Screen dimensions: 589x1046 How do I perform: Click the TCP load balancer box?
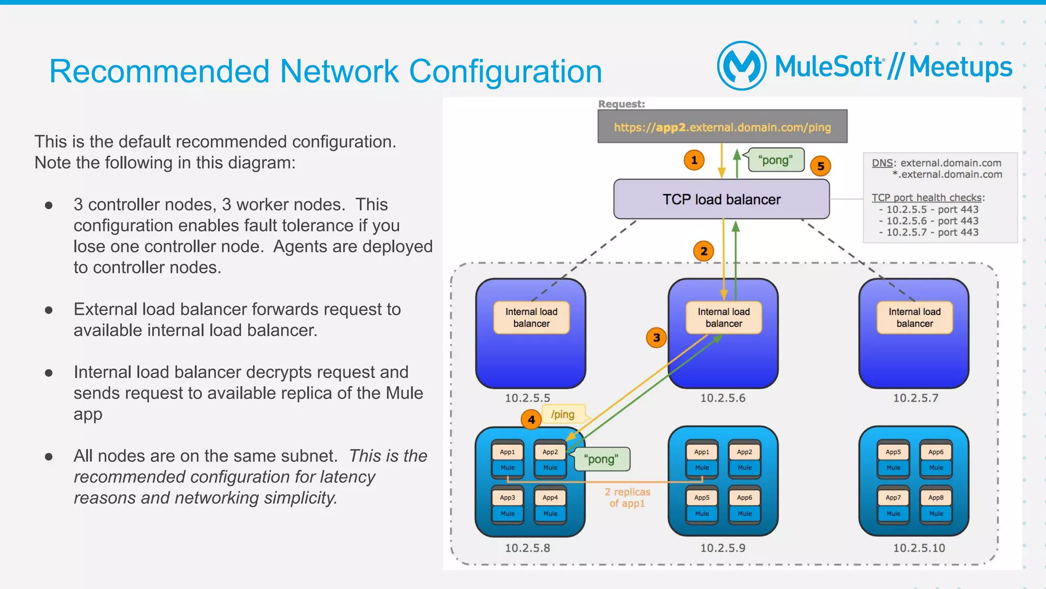tap(721, 199)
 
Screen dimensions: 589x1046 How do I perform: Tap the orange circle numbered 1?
tap(694, 160)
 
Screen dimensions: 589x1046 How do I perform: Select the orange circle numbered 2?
tap(703, 251)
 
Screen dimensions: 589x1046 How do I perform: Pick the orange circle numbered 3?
tap(656, 338)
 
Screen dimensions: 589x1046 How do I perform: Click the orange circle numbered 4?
tap(531, 420)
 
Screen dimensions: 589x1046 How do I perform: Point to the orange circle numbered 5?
tap(820, 166)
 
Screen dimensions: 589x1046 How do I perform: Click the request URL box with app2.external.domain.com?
tap(722, 127)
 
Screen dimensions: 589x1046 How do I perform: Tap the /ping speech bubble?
tap(563, 414)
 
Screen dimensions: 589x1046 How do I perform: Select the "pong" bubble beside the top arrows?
tap(775, 160)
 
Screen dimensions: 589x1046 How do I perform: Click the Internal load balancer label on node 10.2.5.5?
tap(531, 318)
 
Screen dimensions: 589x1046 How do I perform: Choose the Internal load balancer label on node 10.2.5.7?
tap(914, 318)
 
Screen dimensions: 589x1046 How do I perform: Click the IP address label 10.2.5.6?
tap(722, 398)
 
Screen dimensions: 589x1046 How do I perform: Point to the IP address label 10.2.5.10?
tap(918, 548)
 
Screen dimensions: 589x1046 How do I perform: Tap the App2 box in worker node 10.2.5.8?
tap(550, 452)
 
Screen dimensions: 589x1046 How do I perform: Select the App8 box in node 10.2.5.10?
tap(936, 498)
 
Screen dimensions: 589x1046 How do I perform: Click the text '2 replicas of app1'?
tap(627, 498)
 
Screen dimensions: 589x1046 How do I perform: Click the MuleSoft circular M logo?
tap(742, 66)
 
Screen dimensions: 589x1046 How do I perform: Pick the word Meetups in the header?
tap(960, 67)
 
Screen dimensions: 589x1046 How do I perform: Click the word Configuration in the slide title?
tap(505, 71)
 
